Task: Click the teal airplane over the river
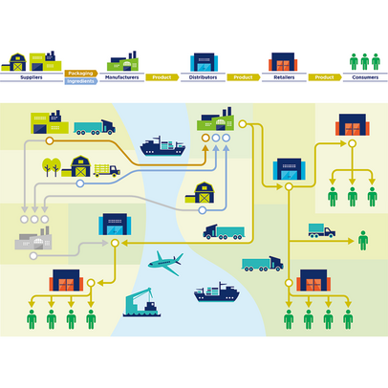click(x=165, y=263)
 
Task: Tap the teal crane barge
click(x=141, y=302)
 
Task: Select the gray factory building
click(x=33, y=238)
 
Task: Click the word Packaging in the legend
click(x=80, y=74)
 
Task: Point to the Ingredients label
click(x=80, y=81)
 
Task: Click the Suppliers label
click(x=32, y=77)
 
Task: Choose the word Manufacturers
click(x=122, y=77)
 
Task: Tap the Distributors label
click(x=203, y=77)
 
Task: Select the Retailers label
click(x=284, y=77)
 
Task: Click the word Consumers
click(x=365, y=77)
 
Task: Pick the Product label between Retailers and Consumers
click(x=324, y=77)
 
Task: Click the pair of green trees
click(x=52, y=166)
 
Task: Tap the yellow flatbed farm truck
click(x=107, y=170)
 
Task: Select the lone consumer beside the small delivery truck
click(x=363, y=241)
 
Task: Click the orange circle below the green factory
click(x=205, y=138)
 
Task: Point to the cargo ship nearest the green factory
click(x=162, y=146)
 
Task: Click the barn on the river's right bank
click(x=200, y=193)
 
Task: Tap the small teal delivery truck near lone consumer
click(x=322, y=230)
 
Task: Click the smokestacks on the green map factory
click(x=226, y=112)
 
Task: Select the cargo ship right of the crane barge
click(x=217, y=292)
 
